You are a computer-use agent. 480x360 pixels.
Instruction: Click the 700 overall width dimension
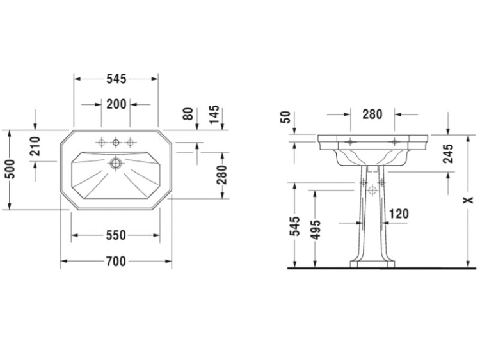click(x=116, y=262)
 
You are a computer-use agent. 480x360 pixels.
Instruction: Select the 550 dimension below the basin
click(x=116, y=235)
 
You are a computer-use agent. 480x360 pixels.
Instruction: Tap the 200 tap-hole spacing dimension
click(x=116, y=104)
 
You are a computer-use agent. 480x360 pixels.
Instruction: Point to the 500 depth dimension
click(x=10, y=169)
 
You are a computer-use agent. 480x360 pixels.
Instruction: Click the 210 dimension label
click(x=35, y=146)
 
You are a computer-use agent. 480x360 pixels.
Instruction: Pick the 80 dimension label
click(x=189, y=114)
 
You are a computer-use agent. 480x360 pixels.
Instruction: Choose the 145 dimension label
click(x=214, y=114)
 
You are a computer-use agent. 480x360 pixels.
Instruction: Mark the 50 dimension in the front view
click(x=285, y=117)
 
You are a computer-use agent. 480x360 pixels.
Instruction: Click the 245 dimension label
click(x=448, y=153)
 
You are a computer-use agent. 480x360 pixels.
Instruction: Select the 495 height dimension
click(x=316, y=230)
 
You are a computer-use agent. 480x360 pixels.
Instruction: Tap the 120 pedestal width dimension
click(x=399, y=214)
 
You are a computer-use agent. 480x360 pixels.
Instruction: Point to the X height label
click(x=468, y=200)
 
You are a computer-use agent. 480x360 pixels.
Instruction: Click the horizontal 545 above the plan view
click(x=116, y=79)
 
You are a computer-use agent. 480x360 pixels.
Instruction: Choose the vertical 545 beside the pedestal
click(x=295, y=226)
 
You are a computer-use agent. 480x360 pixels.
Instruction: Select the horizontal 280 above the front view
click(x=372, y=114)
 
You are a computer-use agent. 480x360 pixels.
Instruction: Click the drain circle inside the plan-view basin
click(x=116, y=163)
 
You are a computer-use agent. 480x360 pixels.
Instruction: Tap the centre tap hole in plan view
click(x=116, y=142)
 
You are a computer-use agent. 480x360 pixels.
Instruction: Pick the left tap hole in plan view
click(x=101, y=142)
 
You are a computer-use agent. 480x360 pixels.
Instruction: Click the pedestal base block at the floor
click(x=372, y=264)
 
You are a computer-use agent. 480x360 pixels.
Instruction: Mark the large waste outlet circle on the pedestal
click(x=372, y=191)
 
